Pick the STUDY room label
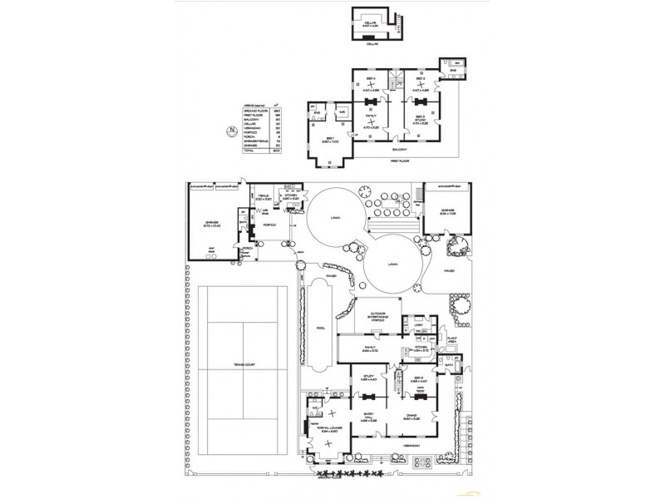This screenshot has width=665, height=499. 371,378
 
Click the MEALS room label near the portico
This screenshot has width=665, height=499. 264,197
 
